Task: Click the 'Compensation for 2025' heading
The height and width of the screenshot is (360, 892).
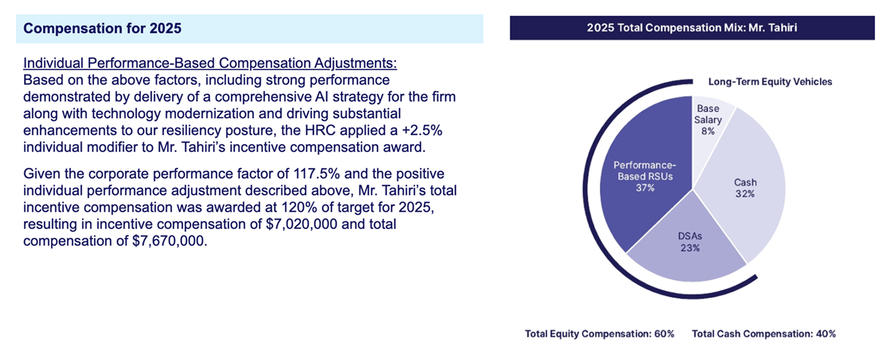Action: point(103,28)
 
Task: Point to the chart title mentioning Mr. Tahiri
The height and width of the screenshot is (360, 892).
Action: point(692,27)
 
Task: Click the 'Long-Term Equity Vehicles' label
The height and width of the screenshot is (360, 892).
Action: point(770,81)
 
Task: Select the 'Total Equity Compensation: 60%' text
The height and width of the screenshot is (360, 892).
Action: point(600,334)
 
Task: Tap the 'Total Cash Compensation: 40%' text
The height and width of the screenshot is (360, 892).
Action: point(764,334)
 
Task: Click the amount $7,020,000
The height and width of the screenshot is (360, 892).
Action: point(302,224)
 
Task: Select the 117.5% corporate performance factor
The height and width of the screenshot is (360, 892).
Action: point(317,174)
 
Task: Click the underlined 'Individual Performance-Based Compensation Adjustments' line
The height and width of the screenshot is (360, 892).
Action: point(210,64)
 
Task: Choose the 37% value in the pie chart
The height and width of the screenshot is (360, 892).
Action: point(645,188)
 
